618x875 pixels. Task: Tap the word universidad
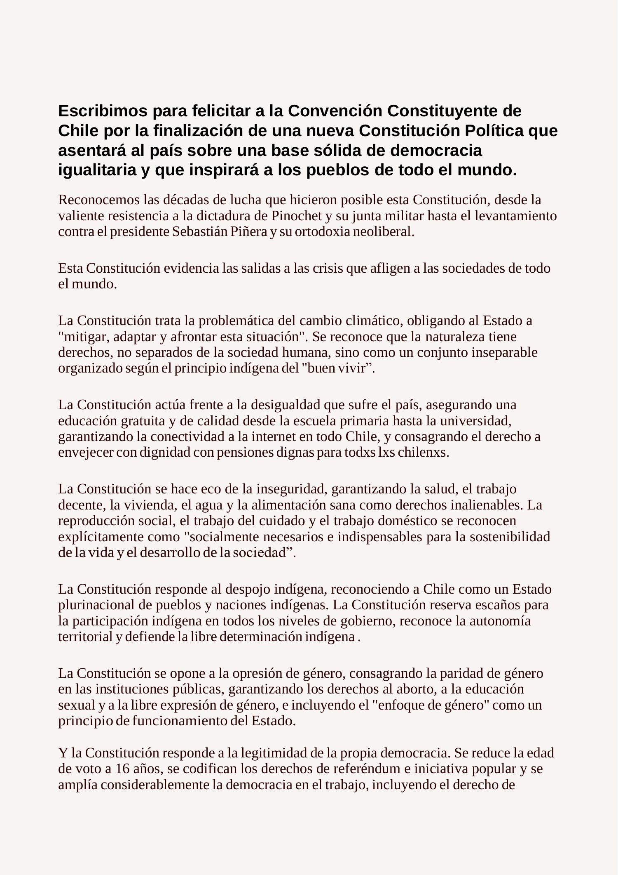(478, 421)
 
